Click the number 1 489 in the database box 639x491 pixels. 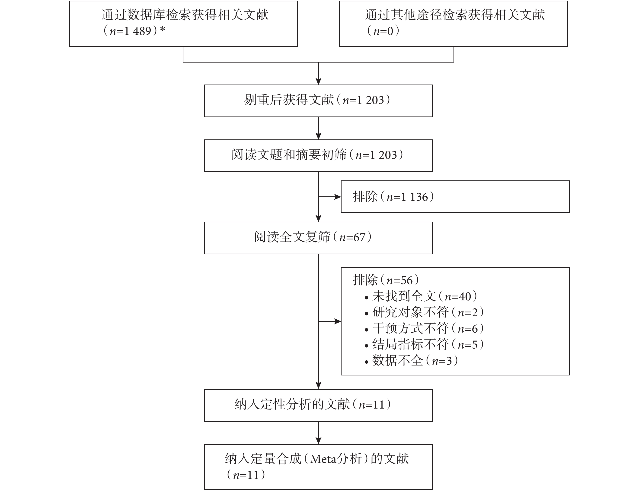coord(137,31)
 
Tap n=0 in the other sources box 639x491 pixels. coord(383,31)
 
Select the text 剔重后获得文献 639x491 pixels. coord(289,100)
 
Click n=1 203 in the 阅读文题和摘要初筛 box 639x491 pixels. coord(376,155)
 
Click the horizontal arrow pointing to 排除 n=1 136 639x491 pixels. coord(330,197)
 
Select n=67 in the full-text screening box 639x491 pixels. coord(352,238)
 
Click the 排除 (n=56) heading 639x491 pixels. coord(386,280)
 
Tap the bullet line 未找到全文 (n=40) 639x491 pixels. coord(421,297)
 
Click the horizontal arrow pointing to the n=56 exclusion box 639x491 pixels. coord(330,321)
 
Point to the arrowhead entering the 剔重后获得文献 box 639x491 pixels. coord(319,82)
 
